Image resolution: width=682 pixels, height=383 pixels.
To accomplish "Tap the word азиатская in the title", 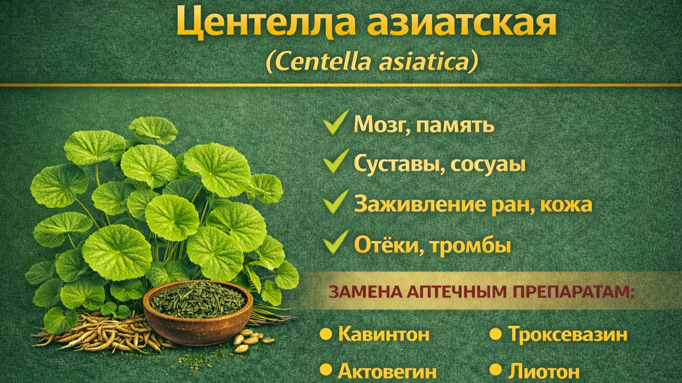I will (458, 23).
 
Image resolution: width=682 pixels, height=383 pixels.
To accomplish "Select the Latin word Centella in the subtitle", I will (314, 63).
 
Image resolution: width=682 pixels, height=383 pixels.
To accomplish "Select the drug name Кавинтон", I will (384, 335).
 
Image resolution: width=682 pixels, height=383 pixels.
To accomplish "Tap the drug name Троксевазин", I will (567, 335).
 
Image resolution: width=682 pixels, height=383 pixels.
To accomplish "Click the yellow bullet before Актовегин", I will (326, 370).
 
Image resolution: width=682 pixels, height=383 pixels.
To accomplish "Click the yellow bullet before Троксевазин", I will (496, 335).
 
